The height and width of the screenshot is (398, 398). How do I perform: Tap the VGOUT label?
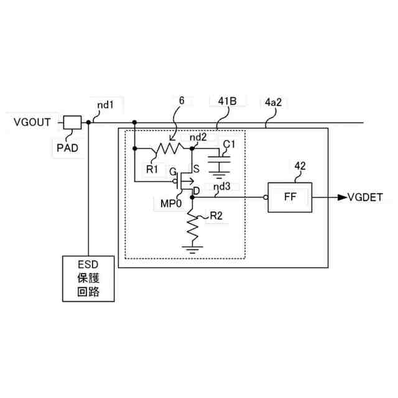(x=32, y=122)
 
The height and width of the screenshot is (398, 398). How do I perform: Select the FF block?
(x=290, y=198)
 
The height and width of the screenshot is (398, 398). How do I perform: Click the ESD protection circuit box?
(x=88, y=278)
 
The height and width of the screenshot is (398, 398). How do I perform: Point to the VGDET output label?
(x=369, y=198)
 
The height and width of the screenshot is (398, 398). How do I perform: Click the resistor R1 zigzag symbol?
(x=168, y=149)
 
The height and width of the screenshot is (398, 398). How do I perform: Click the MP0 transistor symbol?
(x=185, y=183)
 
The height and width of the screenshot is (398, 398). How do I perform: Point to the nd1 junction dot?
(x=88, y=123)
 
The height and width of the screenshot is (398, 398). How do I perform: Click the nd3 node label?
(x=221, y=187)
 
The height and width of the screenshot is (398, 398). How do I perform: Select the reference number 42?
(x=300, y=166)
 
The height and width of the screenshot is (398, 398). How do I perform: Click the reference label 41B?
(x=224, y=101)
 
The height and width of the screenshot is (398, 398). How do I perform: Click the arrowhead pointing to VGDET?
(x=341, y=198)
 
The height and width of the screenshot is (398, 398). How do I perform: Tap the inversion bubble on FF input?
(x=266, y=198)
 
